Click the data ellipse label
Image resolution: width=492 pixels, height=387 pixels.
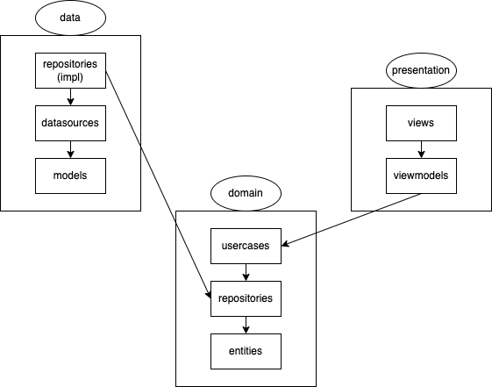[x=70, y=18]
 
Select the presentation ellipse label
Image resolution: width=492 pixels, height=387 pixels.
[x=421, y=69]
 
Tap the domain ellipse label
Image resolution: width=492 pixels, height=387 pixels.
[x=246, y=192]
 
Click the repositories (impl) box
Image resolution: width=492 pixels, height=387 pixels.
[x=70, y=70]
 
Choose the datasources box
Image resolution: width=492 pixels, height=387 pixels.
[x=70, y=123]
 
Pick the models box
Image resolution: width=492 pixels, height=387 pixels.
[x=70, y=176]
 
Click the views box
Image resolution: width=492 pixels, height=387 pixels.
[x=421, y=123]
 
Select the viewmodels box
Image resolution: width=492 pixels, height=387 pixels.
[x=421, y=176]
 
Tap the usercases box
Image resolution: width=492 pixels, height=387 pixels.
[x=246, y=246]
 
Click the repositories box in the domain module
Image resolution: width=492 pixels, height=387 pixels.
[x=246, y=298]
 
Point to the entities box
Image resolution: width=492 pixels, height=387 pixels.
[x=246, y=351]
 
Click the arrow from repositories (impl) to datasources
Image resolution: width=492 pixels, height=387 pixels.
[x=70, y=97]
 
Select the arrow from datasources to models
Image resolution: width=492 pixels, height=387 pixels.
[x=70, y=149]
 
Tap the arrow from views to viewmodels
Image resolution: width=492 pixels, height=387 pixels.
[x=421, y=149]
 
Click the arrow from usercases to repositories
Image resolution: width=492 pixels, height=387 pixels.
[x=246, y=272]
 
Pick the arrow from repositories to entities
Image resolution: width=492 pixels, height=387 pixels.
[x=246, y=325]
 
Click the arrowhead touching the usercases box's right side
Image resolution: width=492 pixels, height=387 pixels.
[x=285, y=245]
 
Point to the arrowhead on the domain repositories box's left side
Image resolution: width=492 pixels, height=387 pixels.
[x=208, y=293]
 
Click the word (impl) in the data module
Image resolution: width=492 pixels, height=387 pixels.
[x=70, y=76]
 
